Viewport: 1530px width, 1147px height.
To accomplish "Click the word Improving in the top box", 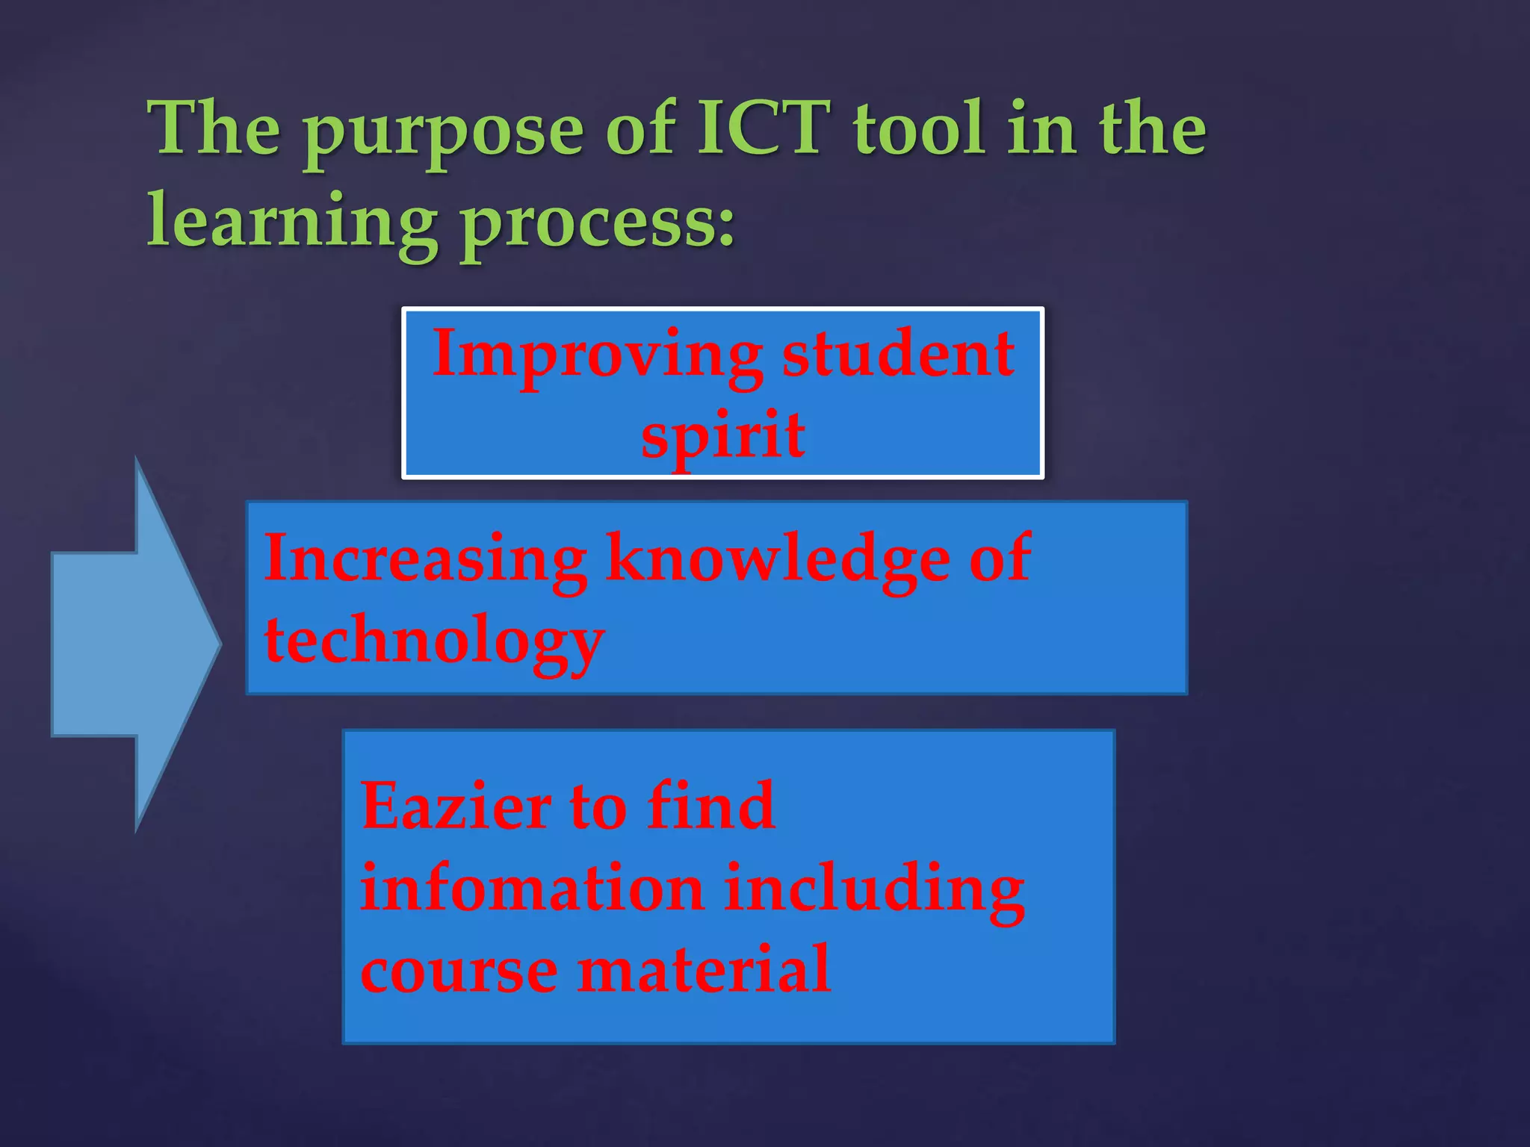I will pyautogui.click(x=598, y=357).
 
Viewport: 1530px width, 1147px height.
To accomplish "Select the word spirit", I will pyautogui.click(x=723, y=437).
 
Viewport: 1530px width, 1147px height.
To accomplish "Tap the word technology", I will pyautogui.click(x=433, y=642).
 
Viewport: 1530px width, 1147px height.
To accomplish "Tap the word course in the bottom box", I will pyautogui.click(x=459, y=971).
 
